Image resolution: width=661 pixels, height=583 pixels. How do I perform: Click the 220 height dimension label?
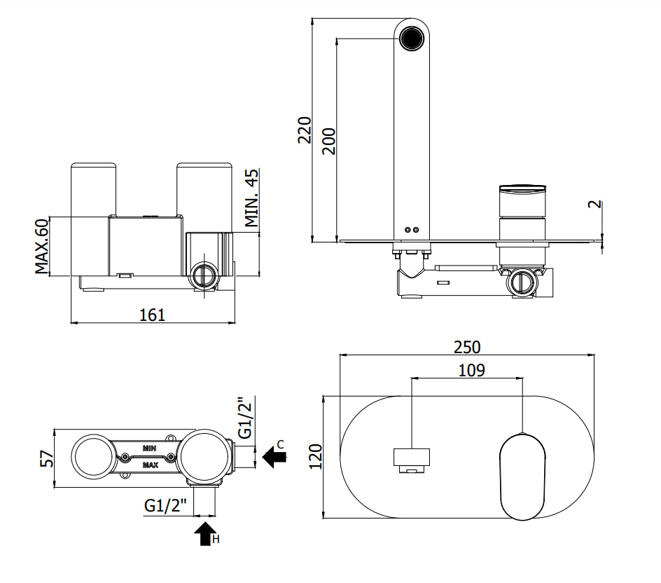pyautogui.click(x=305, y=130)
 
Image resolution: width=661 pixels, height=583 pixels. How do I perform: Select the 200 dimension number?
pyautogui.click(x=329, y=142)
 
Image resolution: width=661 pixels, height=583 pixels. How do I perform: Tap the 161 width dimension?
pyautogui.click(x=152, y=315)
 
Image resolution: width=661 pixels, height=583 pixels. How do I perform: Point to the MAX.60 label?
pyautogui.click(x=42, y=247)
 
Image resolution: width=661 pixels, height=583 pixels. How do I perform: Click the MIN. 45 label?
pyautogui.click(x=251, y=198)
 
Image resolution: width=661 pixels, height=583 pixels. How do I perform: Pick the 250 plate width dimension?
pyautogui.click(x=467, y=347)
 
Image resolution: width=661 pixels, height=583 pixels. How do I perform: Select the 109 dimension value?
pyautogui.click(x=471, y=371)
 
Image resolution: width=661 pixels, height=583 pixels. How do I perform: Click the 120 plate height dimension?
pyautogui.click(x=315, y=456)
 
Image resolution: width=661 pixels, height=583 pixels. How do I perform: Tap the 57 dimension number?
pyautogui.click(x=47, y=459)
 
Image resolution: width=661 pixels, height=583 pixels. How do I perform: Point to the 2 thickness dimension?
pyautogui.click(x=594, y=204)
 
